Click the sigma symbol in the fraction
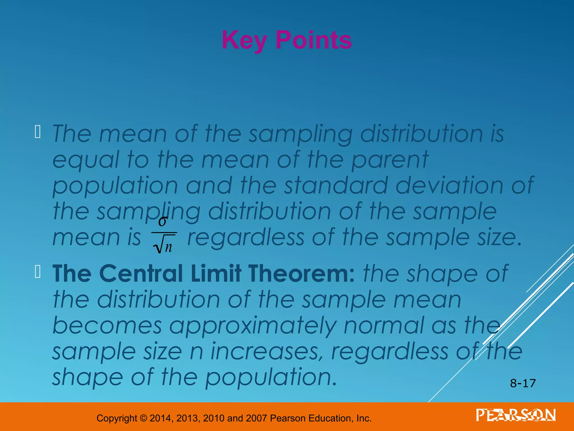[x=163, y=221]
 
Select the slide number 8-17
[x=523, y=383]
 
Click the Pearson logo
[x=516, y=415]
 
